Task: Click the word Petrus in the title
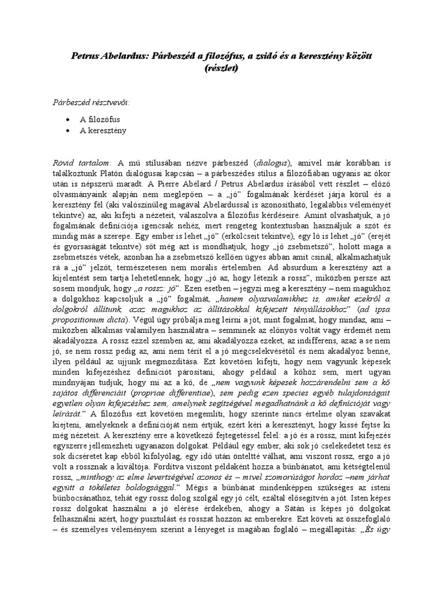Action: point(85,56)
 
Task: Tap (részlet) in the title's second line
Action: point(221,67)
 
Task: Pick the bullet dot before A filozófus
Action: point(69,119)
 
